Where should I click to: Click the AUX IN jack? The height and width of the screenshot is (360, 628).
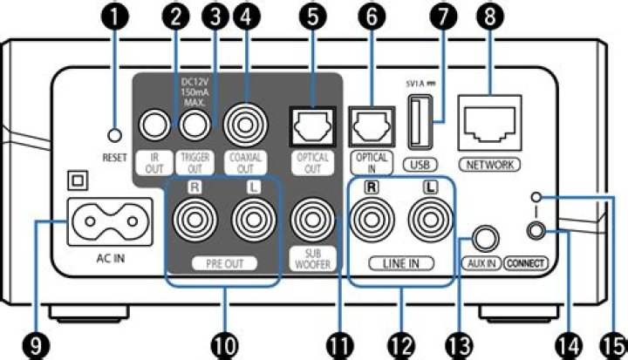pos(482,237)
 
